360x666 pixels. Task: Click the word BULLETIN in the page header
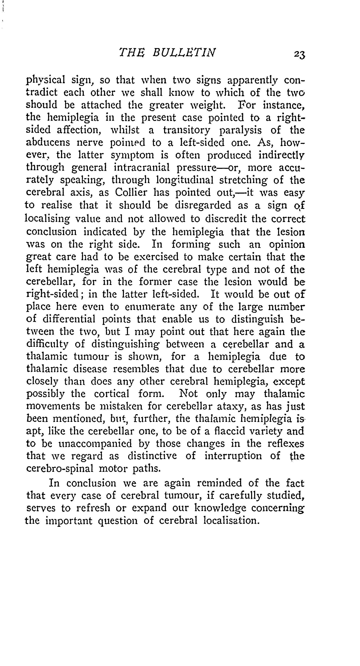(184, 53)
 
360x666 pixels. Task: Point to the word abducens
(48, 142)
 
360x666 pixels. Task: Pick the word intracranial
(142, 168)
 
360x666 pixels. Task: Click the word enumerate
(149, 307)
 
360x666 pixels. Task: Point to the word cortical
(111, 393)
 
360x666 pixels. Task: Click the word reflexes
(286, 443)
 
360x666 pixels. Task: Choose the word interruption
(233, 456)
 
